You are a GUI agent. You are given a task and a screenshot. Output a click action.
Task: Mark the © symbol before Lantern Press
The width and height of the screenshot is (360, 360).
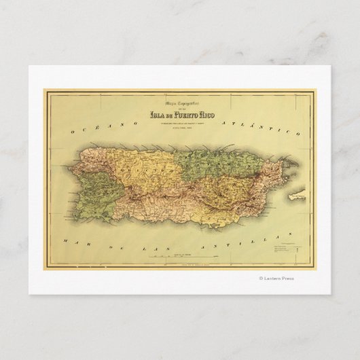(261, 277)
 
